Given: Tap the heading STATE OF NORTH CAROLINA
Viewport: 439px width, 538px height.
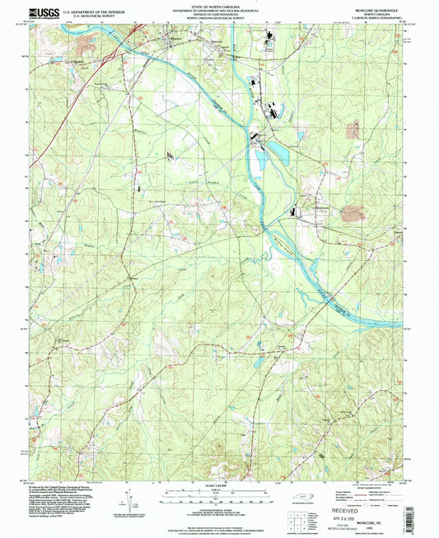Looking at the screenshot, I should point(218,5).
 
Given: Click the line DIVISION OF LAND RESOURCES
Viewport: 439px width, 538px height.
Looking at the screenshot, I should point(218,13).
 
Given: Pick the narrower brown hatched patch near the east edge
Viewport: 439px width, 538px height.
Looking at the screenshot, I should point(355,128).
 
